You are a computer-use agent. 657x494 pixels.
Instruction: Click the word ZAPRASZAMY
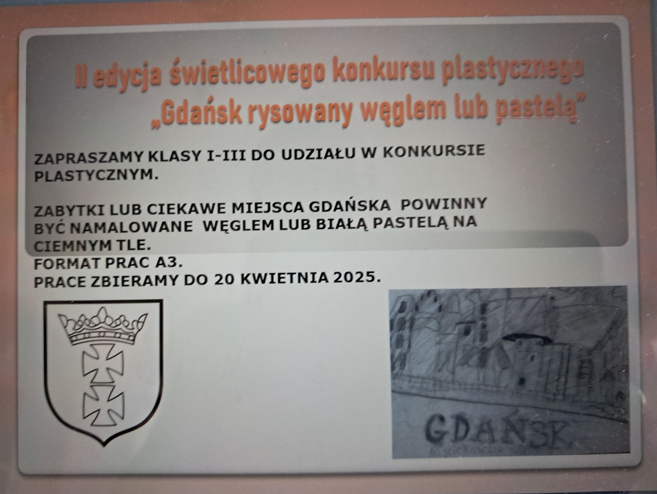click(x=89, y=159)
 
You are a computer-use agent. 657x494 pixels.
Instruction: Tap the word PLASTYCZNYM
click(x=96, y=176)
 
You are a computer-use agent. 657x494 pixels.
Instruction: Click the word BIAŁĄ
click(x=342, y=224)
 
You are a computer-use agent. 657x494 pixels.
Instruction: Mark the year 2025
click(x=356, y=278)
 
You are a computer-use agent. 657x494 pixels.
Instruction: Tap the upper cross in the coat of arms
click(x=103, y=363)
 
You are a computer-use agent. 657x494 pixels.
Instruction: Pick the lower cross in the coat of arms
click(x=104, y=405)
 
